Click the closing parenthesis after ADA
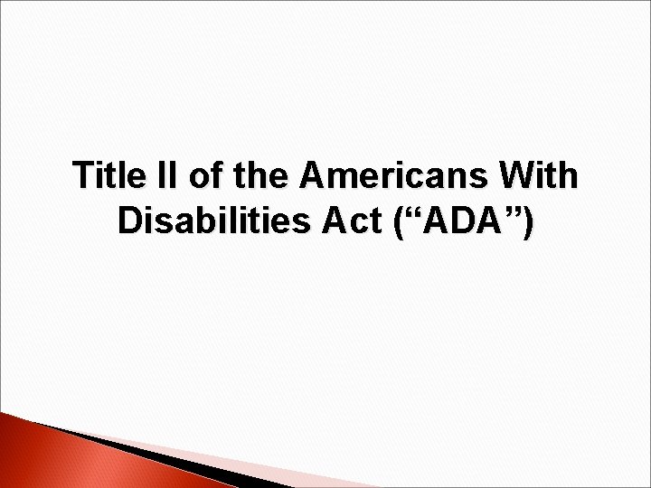click(x=527, y=222)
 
